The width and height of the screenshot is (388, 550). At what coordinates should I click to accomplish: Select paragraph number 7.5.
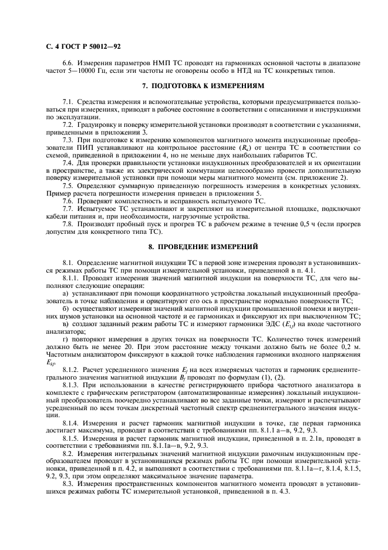(x=68, y=185)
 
